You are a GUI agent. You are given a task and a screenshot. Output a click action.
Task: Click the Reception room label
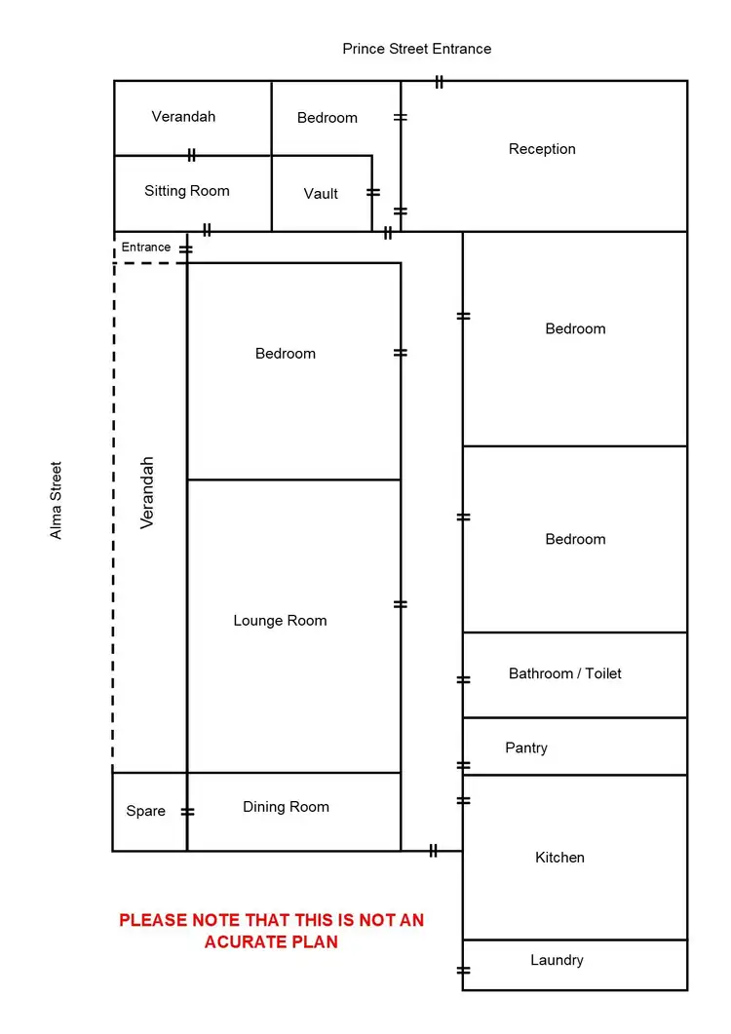tap(542, 149)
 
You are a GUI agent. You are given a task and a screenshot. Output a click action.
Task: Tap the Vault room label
tap(321, 194)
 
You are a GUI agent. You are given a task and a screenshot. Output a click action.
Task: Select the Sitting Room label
tap(187, 191)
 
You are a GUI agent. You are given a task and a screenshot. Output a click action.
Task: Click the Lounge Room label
tap(280, 621)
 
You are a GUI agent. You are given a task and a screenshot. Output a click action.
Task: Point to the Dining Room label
tap(286, 807)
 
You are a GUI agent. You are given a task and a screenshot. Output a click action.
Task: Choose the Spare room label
tap(146, 811)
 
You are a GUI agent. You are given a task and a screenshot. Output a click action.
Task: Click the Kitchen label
tap(560, 858)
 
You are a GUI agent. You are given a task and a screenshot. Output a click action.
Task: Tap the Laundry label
tap(557, 960)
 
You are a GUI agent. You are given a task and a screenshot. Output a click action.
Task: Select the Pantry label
tap(526, 748)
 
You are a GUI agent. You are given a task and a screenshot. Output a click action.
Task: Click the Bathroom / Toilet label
tap(565, 673)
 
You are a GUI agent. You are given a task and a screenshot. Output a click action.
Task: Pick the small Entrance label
tap(146, 248)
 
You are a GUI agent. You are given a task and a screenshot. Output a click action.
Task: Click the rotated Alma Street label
tap(57, 500)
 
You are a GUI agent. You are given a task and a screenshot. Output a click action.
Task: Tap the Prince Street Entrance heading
tap(417, 49)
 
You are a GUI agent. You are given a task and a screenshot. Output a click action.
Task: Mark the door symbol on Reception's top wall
tap(440, 82)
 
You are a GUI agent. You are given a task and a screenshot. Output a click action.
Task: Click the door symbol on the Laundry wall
tap(463, 971)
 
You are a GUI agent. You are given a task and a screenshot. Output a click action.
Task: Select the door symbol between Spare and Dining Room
tap(187, 812)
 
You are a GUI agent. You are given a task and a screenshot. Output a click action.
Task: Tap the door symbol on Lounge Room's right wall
tap(401, 604)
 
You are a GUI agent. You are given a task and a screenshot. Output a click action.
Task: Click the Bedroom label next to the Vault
tap(327, 118)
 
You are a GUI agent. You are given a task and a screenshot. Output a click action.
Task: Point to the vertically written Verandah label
tap(148, 492)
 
